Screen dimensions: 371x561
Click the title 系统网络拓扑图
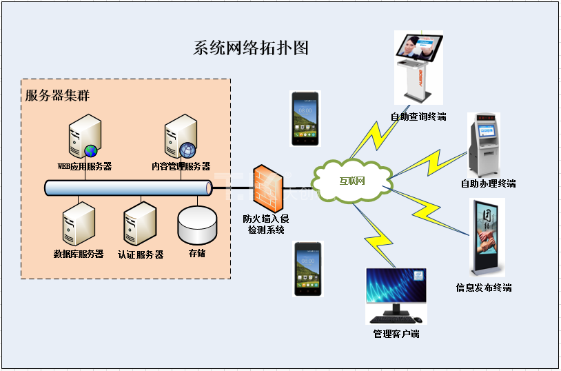(x=251, y=48)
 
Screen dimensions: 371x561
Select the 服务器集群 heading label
(x=57, y=96)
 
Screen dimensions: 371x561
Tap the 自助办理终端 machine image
(x=486, y=144)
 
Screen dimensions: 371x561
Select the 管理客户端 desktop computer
(x=396, y=296)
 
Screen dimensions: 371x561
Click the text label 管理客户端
(x=396, y=334)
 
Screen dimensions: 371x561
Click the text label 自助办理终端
(x=488, y=184)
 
